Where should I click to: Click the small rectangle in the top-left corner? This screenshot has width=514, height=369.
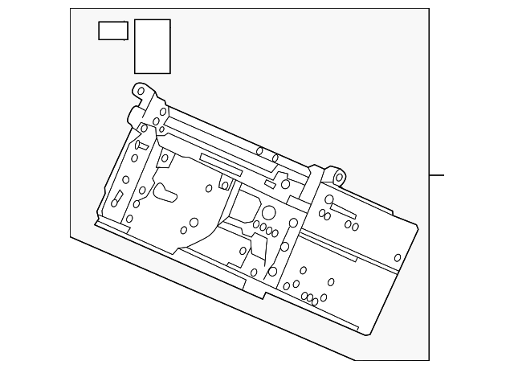coord(113,31)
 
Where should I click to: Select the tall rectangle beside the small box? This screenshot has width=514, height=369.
coord(152,47)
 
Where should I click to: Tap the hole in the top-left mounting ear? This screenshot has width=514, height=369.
coord(141,92)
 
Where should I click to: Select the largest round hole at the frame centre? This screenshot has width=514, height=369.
coord(268,213)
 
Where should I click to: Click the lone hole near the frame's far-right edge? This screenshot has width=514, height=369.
coord(398,258)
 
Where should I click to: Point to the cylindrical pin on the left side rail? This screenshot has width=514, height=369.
coord(137,146)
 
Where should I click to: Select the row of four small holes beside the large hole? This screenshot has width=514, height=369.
coord(265,228)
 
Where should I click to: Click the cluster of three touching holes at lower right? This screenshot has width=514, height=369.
coord(309,298)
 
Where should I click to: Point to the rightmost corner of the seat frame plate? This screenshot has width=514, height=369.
coord(418,226)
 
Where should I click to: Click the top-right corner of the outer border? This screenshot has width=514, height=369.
coord(429,9)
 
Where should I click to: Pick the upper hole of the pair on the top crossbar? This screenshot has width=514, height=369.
coord(259,150)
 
